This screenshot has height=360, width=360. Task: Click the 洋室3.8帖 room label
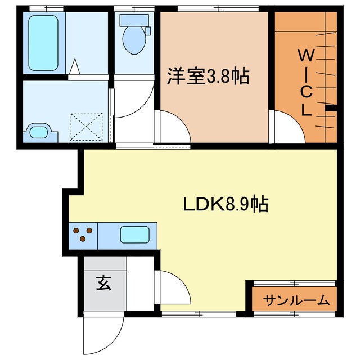click(208, 77)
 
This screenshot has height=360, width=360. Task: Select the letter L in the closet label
click(306, 110)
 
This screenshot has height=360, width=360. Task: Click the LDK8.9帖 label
click(225, 204)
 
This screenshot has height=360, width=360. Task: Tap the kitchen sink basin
click(135, 235)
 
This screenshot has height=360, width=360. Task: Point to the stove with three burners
click(83, 234)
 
